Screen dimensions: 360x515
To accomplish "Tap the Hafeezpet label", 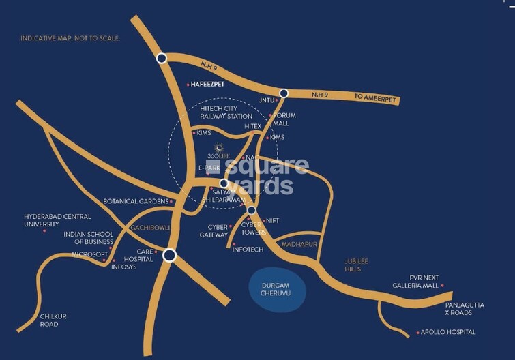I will tap(209, 85).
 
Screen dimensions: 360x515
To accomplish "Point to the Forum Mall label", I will tap(284, 120).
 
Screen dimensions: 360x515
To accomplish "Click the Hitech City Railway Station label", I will tap(226, 112).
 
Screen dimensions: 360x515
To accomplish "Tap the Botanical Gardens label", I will tap(136, 202).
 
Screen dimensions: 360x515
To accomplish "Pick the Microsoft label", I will tap(90, 254).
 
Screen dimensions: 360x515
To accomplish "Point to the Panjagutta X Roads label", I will tap(464, 309).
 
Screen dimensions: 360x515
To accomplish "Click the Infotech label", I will tap(248, 250).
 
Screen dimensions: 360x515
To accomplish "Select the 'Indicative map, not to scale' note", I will tap(70, 39).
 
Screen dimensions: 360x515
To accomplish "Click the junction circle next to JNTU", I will tap(284, 93).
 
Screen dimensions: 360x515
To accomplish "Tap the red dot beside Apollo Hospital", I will tap(417, 333).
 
